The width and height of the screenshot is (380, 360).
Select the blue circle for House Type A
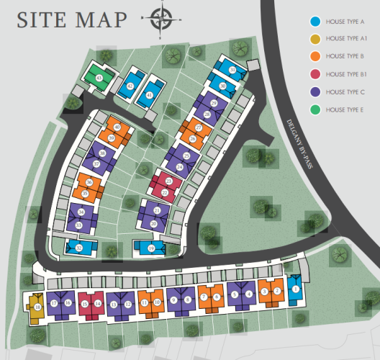click(x=315, y=22)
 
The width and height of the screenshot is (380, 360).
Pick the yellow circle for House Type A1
click(x=315, y=39)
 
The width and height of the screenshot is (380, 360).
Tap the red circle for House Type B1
click(x=315, y=74)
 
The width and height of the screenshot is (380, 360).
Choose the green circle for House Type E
click(x=315, y=109)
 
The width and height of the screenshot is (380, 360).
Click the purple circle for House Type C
click(x=315, y=91)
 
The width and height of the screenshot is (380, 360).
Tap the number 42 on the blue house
click(x=130, y=86)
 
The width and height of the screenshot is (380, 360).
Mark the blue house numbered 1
click(x=294, y=292)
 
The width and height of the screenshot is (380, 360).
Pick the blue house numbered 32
click(x=79, y=248)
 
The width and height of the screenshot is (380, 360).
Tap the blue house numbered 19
click(x=150, y=248)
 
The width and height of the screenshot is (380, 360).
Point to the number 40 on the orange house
click(x=117, y=127)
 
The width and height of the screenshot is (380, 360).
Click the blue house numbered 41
click(x=150, y=94)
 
